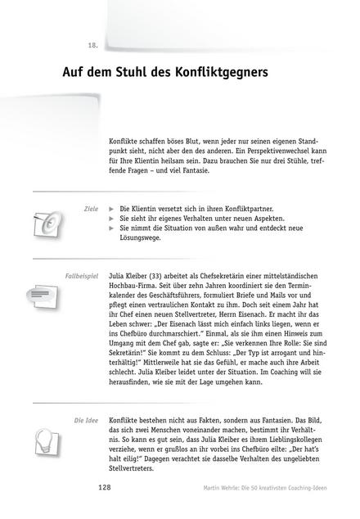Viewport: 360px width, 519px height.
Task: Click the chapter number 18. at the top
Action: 92,44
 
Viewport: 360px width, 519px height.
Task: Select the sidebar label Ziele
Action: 91,210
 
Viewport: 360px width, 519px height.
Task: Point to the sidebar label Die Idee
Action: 86,421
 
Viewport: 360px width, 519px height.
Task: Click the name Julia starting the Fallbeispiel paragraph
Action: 117,277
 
